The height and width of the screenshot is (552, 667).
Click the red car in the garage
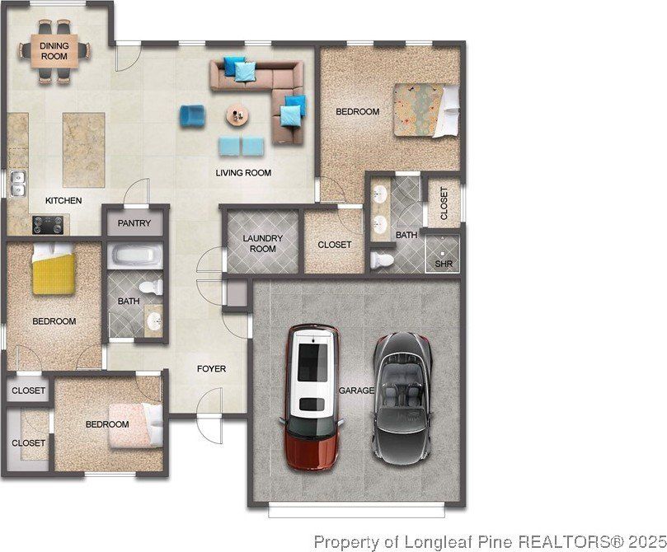(x=312, y=398)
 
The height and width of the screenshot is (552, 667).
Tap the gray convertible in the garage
(x=403, y=398)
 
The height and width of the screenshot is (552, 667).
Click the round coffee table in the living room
(x=237, y=115)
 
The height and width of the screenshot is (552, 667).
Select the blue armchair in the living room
(x=192, y=115)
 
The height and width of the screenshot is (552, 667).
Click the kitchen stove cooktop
(x=48, y=225)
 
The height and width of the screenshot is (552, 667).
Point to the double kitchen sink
(x=18, y=184)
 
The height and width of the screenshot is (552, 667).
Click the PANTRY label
(x=134, y=223)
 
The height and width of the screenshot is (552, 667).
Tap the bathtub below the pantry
(x=135, y=256)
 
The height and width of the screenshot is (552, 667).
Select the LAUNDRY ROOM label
(x=262, y=244)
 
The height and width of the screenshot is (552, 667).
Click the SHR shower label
(x=444, y=264)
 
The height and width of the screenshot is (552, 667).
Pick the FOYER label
(x=211, y=369)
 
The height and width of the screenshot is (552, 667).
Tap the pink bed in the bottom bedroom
(x=136, y=425)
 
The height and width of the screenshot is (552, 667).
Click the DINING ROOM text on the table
(x=54, y=51)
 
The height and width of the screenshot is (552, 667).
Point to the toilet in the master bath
(x=382, y=260)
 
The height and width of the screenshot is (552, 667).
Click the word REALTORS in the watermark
(x=565, y=542)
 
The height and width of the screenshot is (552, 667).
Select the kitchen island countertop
(x=84, y=150)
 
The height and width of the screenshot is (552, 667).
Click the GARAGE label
(x=356, y=390)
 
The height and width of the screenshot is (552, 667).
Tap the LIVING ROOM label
(x=243, y=173)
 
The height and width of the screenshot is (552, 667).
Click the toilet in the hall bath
(x=151, y=288)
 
